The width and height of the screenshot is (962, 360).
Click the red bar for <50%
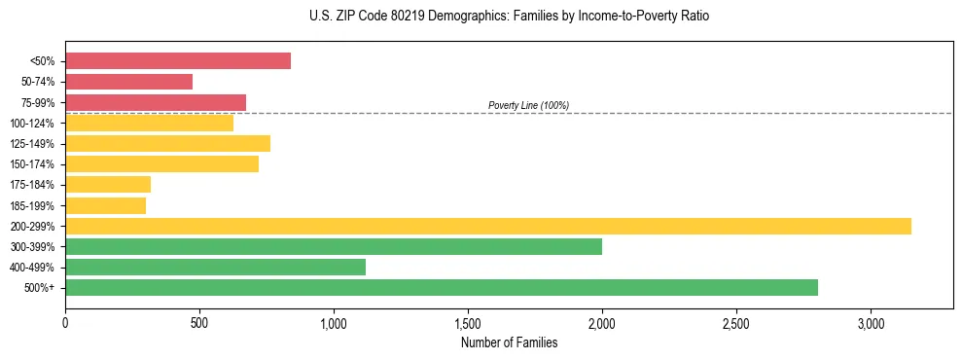(178, 61)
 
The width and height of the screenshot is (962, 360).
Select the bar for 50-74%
(128, 82)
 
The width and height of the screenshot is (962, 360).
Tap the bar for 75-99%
(156, 102)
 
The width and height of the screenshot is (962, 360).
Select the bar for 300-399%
(334, 246)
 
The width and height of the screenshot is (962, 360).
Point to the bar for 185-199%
(105, 205)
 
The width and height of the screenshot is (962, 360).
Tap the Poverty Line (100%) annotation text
(528, 105)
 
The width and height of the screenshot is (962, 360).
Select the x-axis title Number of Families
(509, 342)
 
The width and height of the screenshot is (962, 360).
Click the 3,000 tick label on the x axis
(871, 323)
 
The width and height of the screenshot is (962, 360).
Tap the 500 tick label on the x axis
(199, 323)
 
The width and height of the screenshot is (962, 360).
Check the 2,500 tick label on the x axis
(736, 323)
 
